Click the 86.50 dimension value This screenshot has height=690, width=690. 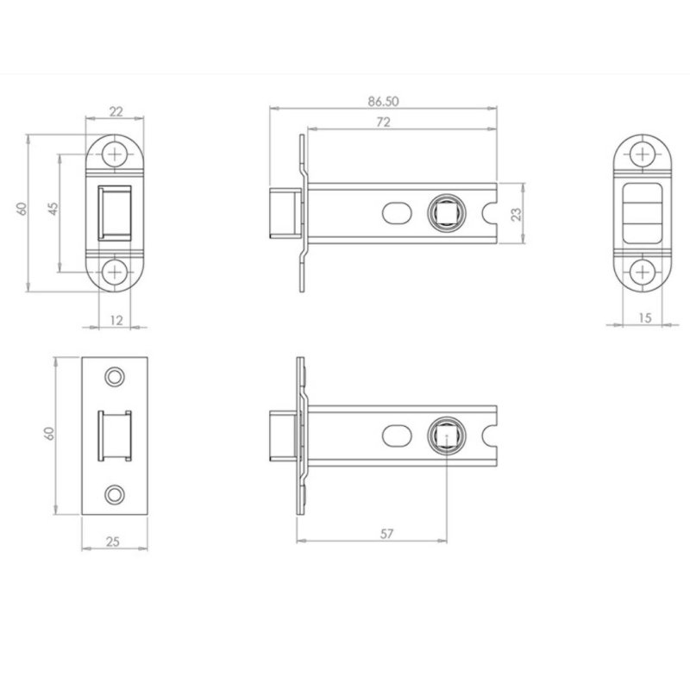click(383, 101)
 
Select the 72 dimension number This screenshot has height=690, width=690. click(383, 122)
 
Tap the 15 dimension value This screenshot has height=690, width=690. click(643, 318)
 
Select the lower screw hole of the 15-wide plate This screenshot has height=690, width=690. click(643, 272)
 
